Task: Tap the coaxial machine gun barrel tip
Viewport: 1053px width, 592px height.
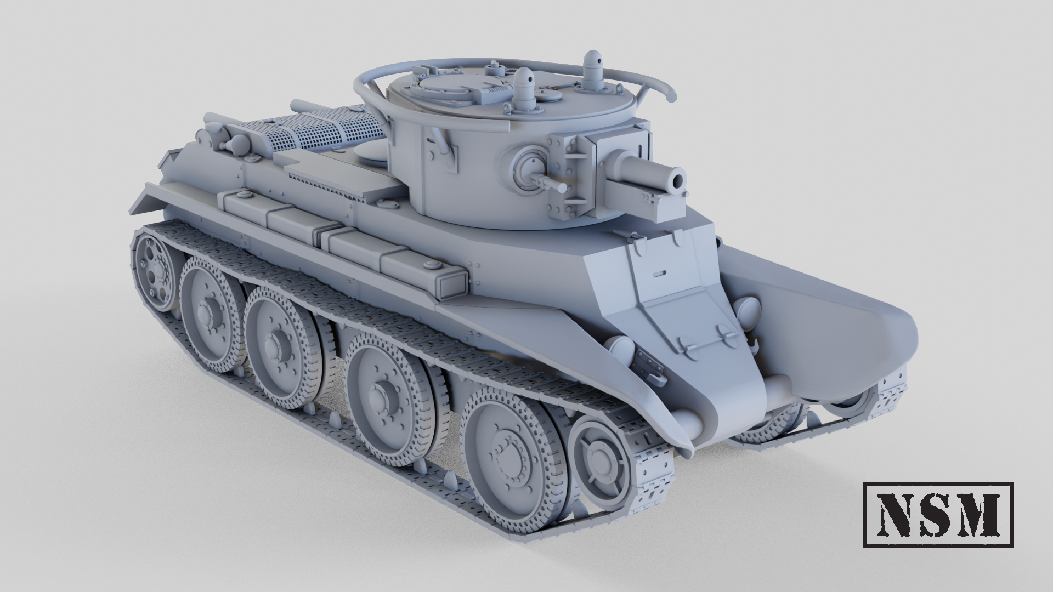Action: [563, 187]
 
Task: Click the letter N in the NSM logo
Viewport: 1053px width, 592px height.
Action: [894, 515]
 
